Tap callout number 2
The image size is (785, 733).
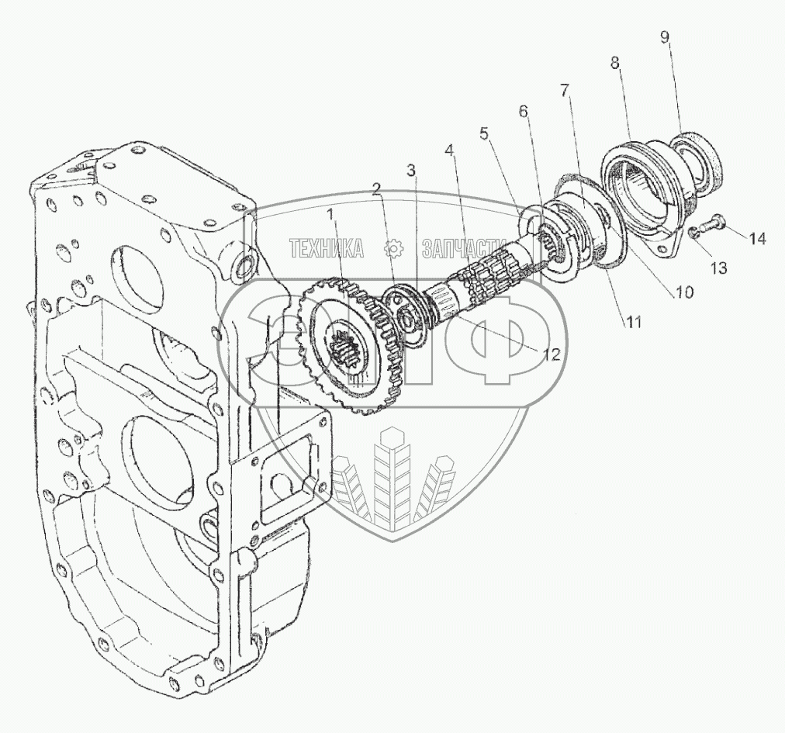click(375, 188)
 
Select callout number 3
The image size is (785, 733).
click(411, 169)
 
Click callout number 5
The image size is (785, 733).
click(486, 133)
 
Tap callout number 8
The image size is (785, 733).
click(614, 64)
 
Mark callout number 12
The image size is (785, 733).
click(552, 354)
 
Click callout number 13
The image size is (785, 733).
click(719, 268)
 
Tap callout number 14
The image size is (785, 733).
click(757, 239)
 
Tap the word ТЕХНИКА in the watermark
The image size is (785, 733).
click(327, 248)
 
